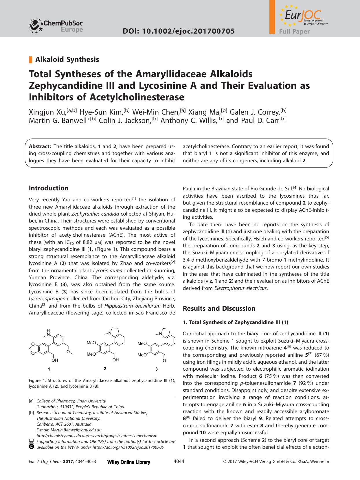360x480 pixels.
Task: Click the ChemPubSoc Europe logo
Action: [x=56, y=25]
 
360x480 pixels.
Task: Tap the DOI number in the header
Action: [x=179, y=31]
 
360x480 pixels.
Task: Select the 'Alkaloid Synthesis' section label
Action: [x=67, y=60]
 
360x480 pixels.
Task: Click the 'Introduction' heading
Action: [x=49, y=188]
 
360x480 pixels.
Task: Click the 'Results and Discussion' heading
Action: [x=219, y=308]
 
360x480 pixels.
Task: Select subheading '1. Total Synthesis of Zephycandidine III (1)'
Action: [x=236, y=322]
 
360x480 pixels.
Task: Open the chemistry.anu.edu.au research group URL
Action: [x=97, y=436]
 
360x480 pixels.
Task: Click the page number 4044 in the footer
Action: [x=179, y=461]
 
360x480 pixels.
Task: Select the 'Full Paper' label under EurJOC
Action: [x=294, y=32]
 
